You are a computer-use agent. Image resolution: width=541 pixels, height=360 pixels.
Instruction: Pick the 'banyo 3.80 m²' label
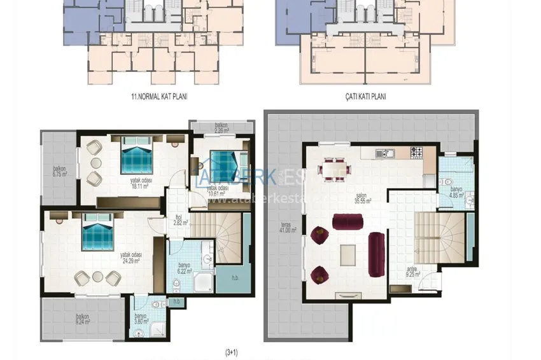pos(141,319)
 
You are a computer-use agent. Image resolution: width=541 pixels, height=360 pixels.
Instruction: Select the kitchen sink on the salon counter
pos(384,153)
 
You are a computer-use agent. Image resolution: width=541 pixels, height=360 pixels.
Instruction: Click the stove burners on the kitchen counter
pos(417,153)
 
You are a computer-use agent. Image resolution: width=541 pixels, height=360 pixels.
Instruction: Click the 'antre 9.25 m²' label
pos(412,272)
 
